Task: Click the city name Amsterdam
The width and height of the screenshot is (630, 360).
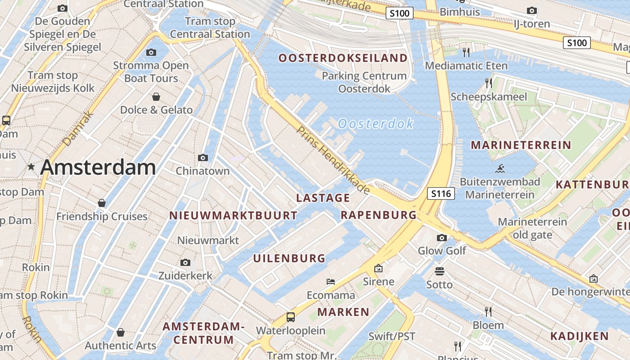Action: coord(98,167)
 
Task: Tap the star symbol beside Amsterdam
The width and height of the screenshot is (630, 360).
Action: coord(31,167)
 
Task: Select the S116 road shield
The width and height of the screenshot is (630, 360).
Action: coord(441,193)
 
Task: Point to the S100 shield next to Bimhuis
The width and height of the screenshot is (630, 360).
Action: coord(399,13)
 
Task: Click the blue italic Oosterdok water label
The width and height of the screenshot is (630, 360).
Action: coord(375,123)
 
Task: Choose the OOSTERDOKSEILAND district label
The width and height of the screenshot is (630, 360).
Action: coord(343,58)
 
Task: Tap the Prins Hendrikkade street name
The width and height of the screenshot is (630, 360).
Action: coord(333,160)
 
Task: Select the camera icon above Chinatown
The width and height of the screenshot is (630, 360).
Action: coord(203,157)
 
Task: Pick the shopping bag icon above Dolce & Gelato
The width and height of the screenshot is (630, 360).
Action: coord(156,96)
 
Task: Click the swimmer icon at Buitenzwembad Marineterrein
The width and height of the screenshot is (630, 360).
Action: coord(499,169)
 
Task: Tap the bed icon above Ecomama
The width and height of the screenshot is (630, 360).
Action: coord(331,282)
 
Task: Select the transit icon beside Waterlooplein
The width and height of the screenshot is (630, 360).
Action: coord(291,317)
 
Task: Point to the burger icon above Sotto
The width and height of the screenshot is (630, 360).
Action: coord(440,271)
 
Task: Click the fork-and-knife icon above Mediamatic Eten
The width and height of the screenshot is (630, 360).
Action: coord(466,52)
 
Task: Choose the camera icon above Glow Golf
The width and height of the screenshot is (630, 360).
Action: coord(442,238)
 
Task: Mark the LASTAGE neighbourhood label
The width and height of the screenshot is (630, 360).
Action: coord(323,198)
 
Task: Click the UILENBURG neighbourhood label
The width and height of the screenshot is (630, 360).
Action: coord(289,258)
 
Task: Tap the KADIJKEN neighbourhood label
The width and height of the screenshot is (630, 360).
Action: coord(580,336)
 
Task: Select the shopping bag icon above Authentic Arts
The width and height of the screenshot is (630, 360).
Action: coord(120,332)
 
